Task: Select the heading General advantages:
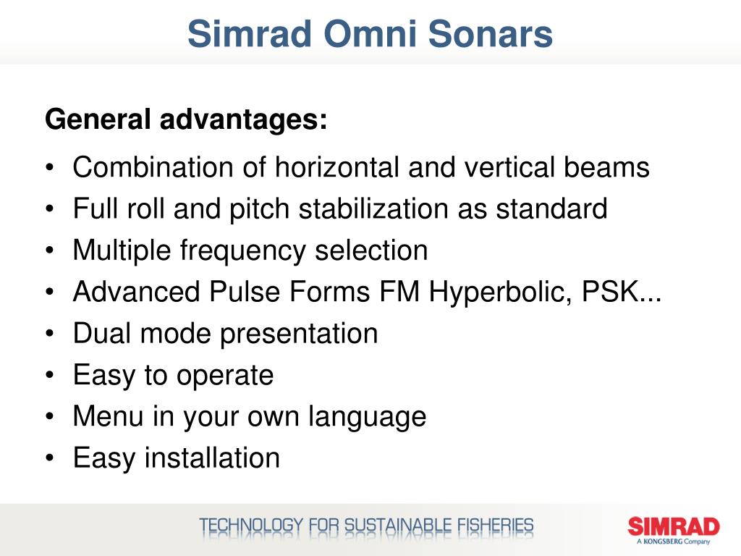[x=186, y=119]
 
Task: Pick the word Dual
[x=103, y=334]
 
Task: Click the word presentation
[x=299, y=334]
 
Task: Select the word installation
[x=212, y=458]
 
